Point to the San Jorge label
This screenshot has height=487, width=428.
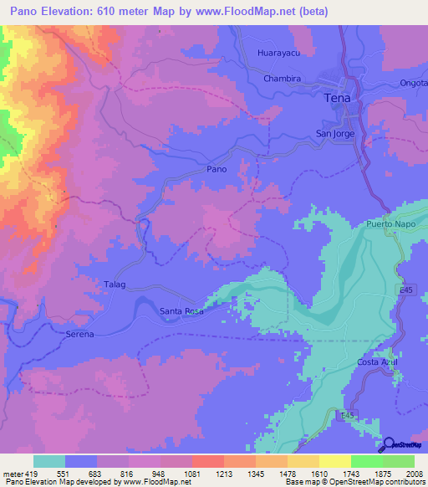tap(334, 132)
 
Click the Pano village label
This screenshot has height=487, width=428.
tap(217, 169)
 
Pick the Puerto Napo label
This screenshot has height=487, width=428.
tap(390, 224)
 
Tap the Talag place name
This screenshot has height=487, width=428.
tap(115, 285)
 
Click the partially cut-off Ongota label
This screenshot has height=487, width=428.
tap(415, 83)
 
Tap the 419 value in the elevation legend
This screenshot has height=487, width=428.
tap(33, 474)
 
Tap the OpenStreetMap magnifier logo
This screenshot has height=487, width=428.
tap(389, 445)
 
